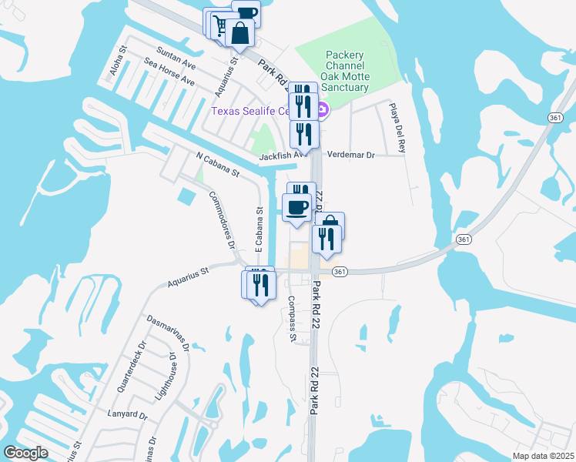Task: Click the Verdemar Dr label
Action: (350, 155)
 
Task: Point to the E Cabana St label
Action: (260, 226)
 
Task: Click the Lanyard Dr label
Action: (128, 414)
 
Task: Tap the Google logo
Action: (25, 452)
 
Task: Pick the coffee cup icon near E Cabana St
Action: (296, 206)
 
